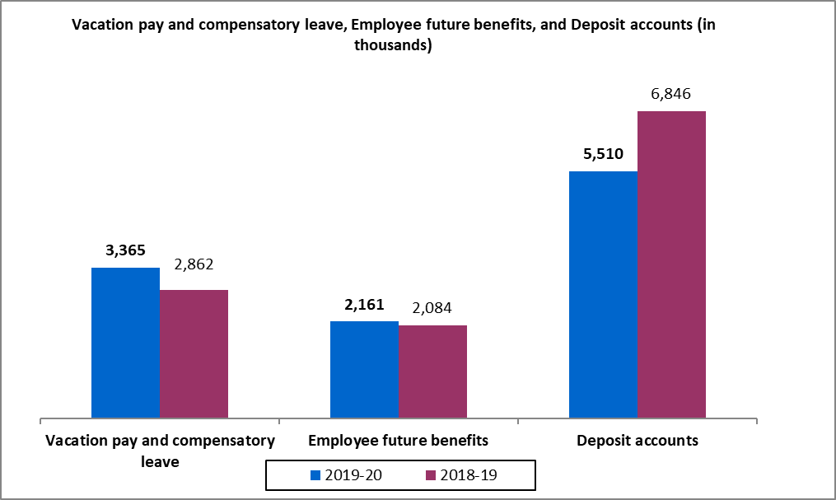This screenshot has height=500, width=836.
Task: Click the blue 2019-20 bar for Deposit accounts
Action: coord(603,294)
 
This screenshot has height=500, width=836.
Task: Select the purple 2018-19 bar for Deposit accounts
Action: coord(671,264)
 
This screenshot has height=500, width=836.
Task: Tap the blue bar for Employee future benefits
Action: coord(364,369)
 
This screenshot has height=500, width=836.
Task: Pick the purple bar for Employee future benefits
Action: coord(432,371)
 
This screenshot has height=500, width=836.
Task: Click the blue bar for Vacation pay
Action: coord(125,343)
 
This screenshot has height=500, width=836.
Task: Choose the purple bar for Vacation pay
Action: coord(194,353)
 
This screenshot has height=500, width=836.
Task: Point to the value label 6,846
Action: coord(671,94)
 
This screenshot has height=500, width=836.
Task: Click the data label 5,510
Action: coord(603,154)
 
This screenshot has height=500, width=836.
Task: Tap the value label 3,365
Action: coord(125,250)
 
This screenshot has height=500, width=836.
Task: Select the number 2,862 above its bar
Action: coord(193,265)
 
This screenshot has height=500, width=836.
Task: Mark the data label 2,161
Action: coord(364,305)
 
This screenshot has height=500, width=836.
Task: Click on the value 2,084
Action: coord(432,309)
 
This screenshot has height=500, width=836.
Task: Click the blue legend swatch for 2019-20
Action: coord(315,475)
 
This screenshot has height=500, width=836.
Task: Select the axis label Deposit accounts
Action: coord(637,441)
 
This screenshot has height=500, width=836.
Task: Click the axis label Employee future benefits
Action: coord(398,441)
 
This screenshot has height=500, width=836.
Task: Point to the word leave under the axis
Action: coord(159,462)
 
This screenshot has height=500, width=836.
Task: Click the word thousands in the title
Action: coord(393,47)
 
